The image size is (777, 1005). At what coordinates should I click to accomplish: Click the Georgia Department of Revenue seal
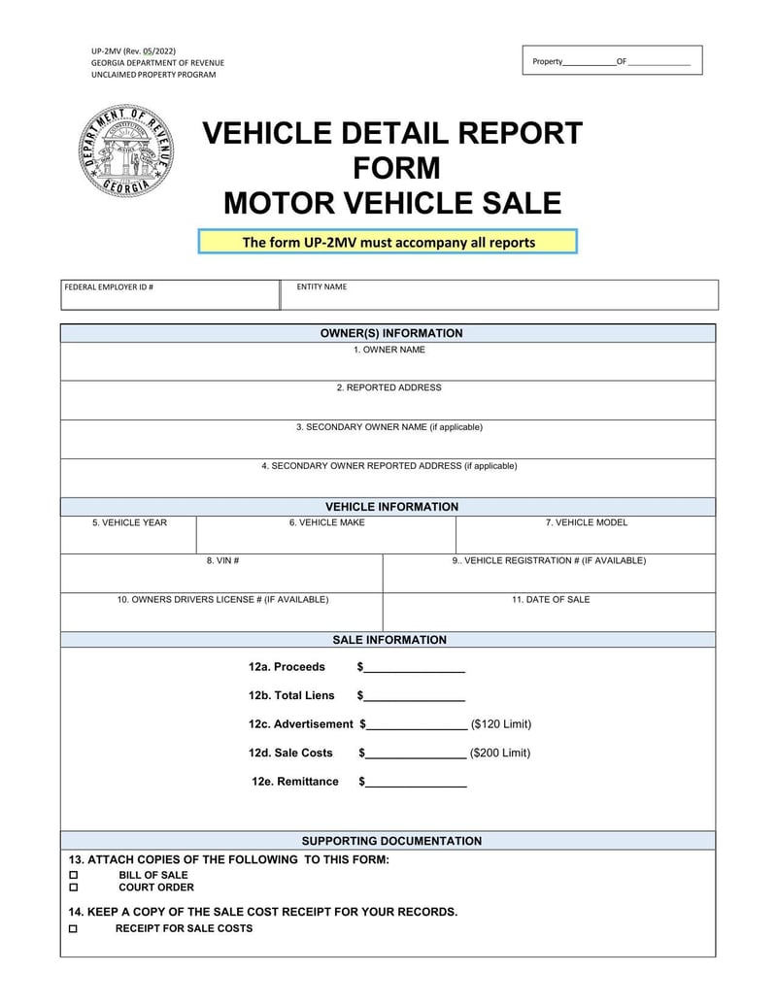(126, 151)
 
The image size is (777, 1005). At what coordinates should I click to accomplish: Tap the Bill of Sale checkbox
(73, 875)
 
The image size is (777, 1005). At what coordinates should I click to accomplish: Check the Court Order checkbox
(73, 888)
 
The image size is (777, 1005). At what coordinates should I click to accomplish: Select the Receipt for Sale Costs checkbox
(73, 929)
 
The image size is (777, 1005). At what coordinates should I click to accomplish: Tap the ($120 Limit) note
(501, 724)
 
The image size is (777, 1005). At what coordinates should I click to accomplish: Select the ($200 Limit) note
(500, 754)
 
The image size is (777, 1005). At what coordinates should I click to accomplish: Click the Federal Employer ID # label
(109, 287)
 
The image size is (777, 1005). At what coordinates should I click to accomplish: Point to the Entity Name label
(321, 287)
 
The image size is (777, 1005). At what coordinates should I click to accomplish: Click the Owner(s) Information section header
(391, 334)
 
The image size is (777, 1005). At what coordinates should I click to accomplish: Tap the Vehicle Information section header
(391, 507)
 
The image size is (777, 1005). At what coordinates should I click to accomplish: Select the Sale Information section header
(389, 641)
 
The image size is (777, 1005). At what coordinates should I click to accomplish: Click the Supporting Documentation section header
(391, 842)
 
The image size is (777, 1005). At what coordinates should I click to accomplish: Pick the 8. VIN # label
(222, 560)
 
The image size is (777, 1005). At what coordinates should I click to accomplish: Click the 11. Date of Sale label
(551, 600)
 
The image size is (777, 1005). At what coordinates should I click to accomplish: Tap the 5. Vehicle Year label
(129, 523)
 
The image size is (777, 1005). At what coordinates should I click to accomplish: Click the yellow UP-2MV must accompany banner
(388, 242)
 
